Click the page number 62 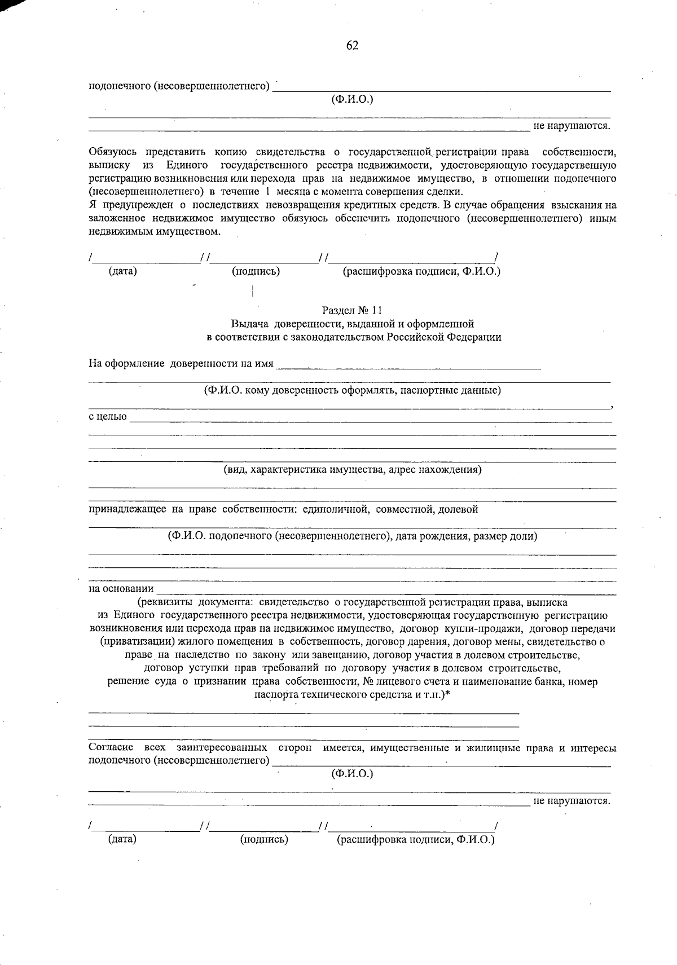(352, 46)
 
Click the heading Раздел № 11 (352, 310)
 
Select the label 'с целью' (107, 417)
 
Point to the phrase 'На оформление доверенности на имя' (181, 363)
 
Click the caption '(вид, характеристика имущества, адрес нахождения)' (352, 469)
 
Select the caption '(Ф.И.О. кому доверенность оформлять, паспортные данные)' (352, 390)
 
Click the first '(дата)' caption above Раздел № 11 (123, 271)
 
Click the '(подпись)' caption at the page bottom (264, 840)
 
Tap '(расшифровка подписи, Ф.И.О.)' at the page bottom (416, 840)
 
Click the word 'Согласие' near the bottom (111, 748)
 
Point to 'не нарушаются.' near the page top (572, 126)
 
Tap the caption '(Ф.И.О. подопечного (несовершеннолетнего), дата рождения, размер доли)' (352, 536)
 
